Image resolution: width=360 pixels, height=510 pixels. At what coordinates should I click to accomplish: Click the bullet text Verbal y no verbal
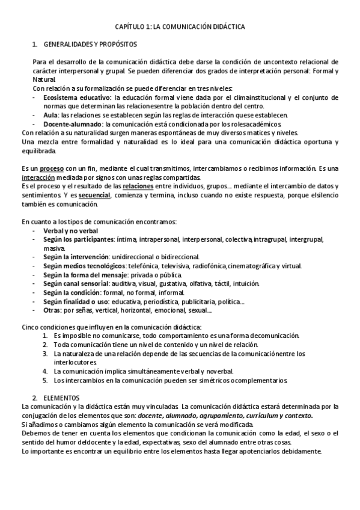[x=71, y=231]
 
